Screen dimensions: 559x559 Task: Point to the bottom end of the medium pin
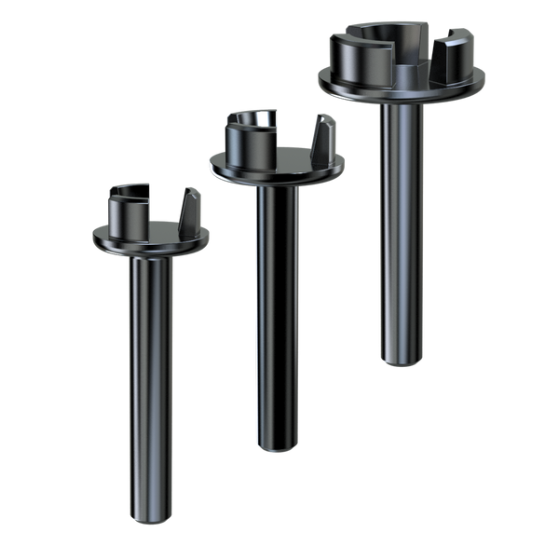(x=279, y=446)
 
